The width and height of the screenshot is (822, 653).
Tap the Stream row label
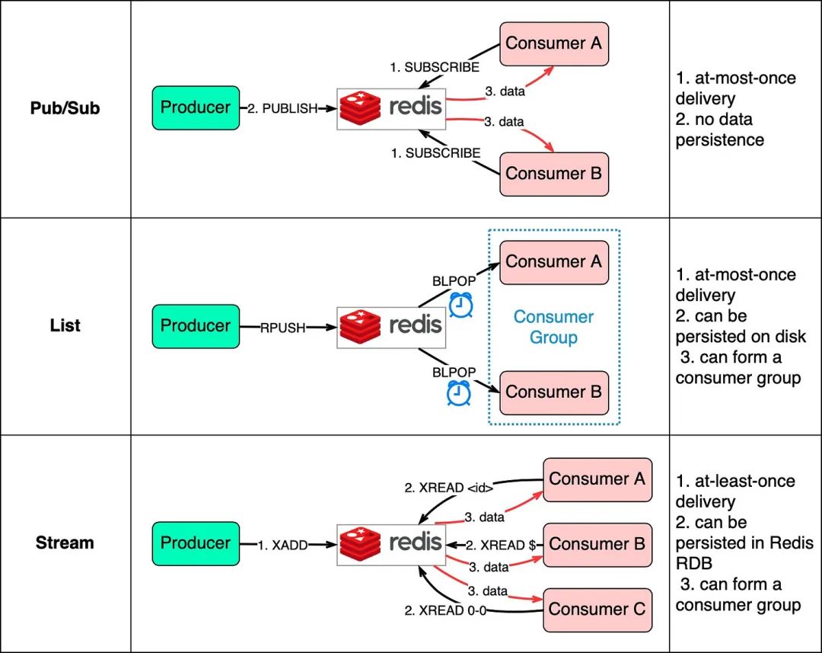pyautogui.click(x=65, y=543)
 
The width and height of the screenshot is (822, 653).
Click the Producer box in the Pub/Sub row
pyautogui.click(x=196, y=107)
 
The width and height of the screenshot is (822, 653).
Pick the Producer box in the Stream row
pyautogui.click(x=196, y=543)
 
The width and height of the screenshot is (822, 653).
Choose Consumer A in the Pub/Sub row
pyautogui.click(x=553, y=43)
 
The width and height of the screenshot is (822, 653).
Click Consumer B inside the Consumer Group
pyautogui.click(x=553, y=392)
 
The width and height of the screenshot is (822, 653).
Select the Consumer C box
pyautogui.click(x=597, y=610)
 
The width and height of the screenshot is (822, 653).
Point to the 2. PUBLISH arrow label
pyautogui.click(x=282, y=108)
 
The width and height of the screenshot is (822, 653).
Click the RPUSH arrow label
pyautogui.click(x=283, y=327)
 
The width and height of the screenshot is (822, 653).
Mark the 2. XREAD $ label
pyautogui.click(x=495, y=544)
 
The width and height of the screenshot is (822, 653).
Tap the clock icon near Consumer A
pyautogui.click(x=460, y=305)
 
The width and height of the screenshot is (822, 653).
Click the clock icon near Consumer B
pyautogui.click(x=458, y=392)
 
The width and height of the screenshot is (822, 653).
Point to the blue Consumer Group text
pyautogui.click(x=553, y=327)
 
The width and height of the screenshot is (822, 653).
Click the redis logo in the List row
pyautogui.click(x=390, y=326)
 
